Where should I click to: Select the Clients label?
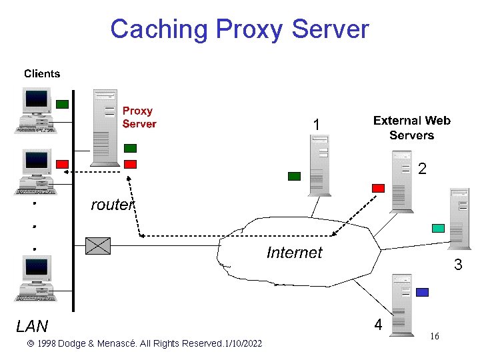pyautogui.click(x=42, y=74)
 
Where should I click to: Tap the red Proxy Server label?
pyautogui.click(x=139, y=117)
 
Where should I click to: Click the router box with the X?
pyautogui.click(x=98, y=245)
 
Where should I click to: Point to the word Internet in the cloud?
pyautogui.click(x=294, y=253)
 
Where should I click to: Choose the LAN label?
pyautogui.click(x=32, y=326)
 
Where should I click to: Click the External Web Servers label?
pyautogui.click(x=411, y=128)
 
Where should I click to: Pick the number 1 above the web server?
pyautogui.click(x=317, y=125)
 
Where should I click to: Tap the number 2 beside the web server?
pyautogui.click(x=422, y=169)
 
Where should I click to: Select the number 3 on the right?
pyautogui.click(x=458, y=265)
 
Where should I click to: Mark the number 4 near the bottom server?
pyautogui.click(x=378, y=325)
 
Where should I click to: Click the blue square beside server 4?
pyautogui.click(x=421, y=292)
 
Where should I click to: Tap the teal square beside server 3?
pyautogui.click(x=438, y=228)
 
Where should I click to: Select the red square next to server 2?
pyautogui.click(x=378, y=188)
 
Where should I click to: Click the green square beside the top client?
pyautogui.click(x=62, y=104)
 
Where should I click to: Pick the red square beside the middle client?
pyautogui.click(x=62, y=164)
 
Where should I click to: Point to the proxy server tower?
pyautogui.click(x=105, y=127)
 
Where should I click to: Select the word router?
pyautogui.click(x=112, y=205)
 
